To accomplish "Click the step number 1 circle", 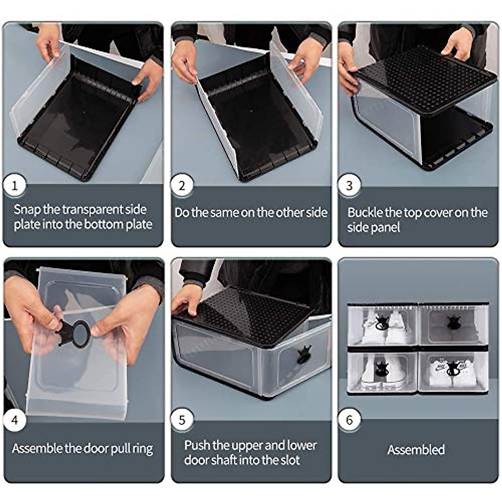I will point(15,184).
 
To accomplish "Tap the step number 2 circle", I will point(182,184).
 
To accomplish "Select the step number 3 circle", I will point(350,184).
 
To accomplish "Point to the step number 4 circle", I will point(15,419).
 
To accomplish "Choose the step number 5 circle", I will point(182,419).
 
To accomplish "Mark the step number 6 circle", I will point(350,419).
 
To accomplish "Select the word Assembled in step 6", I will point(416,450).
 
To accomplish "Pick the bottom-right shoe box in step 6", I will point(453,371).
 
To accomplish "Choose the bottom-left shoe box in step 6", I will point(382,371).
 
